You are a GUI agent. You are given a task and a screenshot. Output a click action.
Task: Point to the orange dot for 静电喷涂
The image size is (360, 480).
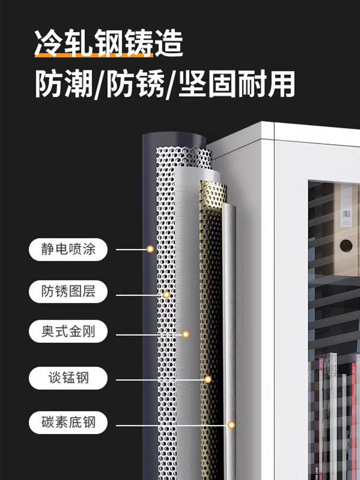click(x=150, y=249)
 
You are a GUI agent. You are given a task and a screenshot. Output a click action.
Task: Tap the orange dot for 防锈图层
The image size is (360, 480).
click(x=167, y=294)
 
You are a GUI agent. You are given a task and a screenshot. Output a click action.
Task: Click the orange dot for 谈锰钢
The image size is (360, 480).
click(x=208, y=379)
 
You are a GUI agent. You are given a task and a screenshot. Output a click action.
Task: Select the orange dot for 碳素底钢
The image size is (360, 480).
click(x=231, y=425)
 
